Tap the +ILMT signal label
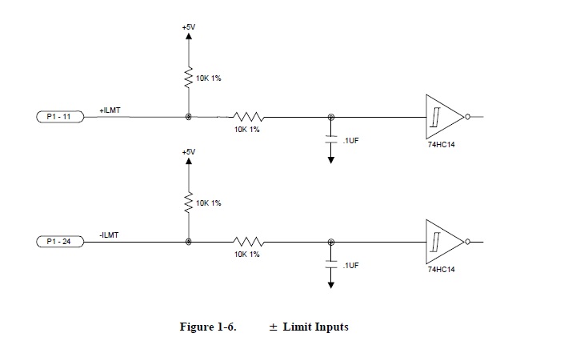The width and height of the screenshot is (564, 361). coord(110,110)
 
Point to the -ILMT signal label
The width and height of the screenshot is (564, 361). coord(110,234)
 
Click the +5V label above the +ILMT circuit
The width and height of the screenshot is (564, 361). coord(188,27)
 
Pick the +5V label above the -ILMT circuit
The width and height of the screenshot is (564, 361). coord(188,151)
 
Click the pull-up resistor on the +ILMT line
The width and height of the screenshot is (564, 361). coord(189,78)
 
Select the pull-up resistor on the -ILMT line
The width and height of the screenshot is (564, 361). coord(189,203)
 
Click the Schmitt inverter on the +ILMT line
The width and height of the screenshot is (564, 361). coord(445,117)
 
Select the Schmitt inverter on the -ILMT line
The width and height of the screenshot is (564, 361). coord(445,241)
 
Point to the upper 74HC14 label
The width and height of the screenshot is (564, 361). coord(442,145)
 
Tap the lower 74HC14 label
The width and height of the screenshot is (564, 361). coord(442,270)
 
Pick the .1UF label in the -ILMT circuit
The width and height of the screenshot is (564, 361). coord(350,264)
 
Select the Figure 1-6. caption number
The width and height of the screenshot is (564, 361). coord(208,327)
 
